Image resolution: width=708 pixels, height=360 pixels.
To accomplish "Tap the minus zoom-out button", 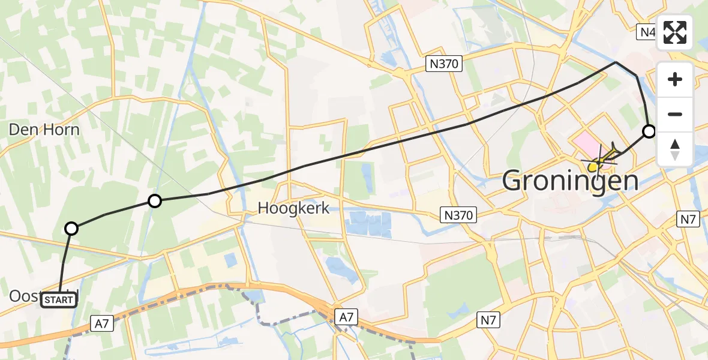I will coord(675,114).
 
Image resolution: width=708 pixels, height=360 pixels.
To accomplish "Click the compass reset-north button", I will coord(675,149).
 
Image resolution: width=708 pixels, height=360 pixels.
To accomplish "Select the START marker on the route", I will coord(59,299).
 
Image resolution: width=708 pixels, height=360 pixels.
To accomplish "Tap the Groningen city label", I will coord(569,179).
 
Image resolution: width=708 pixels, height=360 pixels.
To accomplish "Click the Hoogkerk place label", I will coord(294,208).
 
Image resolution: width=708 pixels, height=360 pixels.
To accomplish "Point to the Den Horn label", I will coord(44,130).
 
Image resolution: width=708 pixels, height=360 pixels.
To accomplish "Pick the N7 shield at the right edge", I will coord(688,219).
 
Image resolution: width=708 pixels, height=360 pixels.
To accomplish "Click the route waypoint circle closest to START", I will coord(71,228).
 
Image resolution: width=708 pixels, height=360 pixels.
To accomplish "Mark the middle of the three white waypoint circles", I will coord(155,201).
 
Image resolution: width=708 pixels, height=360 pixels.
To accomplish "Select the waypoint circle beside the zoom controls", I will coord(649,131).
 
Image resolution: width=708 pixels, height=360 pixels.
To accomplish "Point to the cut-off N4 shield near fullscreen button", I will coord(647,31).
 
